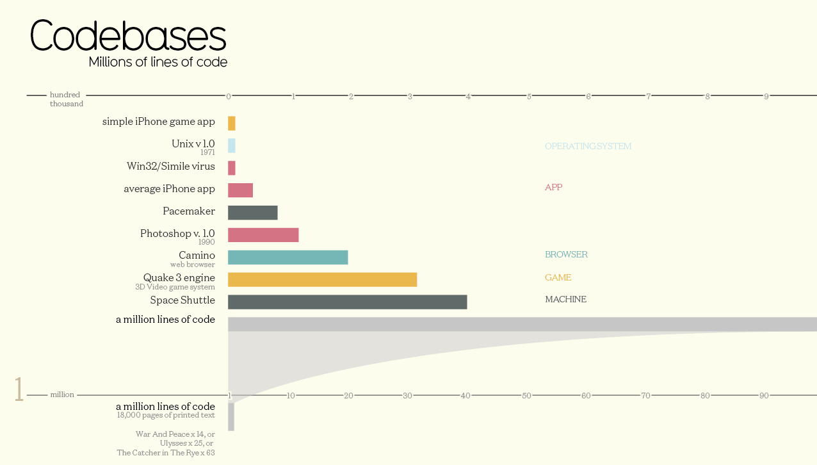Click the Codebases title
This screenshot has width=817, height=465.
[x=128, y=36]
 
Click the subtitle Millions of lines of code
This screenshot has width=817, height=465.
[x=158, y=62]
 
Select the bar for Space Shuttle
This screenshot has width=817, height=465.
[x=347, y=302]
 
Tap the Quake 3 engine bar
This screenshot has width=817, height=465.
[x=322, y=279]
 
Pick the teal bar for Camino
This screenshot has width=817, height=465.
[x=287, y=257]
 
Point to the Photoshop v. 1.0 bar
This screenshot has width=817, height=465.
[x=263, y=235]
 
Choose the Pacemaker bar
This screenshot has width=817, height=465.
[x=252, y=213]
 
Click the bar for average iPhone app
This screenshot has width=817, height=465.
[x=240, y=190]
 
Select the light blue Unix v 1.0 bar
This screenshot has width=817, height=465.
[x=232, y=145]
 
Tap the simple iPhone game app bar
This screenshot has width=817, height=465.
[x=232, y=123]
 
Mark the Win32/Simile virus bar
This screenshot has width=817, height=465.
[x=232, y=168]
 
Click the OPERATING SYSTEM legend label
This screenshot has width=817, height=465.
[x=588, y=146]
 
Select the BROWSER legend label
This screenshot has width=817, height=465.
[x=566, y=254]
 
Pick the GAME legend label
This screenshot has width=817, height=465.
[x=558, y=277]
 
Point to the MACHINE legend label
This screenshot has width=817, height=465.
[x=565, y=299]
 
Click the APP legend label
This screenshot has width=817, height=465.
[x=553, y=187]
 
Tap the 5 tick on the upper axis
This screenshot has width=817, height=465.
[x=529, y=97]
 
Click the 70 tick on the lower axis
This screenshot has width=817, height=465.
[x=645, y=396]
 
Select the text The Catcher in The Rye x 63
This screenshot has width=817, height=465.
[x=165, y=453]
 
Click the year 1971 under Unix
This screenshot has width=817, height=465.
[x=207, y=152]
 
